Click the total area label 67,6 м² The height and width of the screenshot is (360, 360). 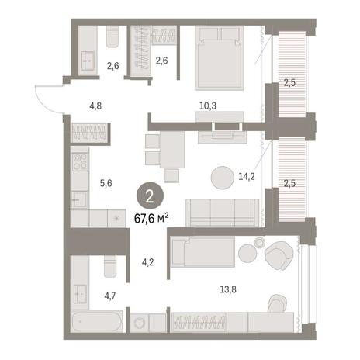pyautogui.click(x=151, y=219)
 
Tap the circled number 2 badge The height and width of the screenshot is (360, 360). pyautogui.click(x=150, y=197)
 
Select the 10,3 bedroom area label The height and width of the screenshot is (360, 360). pyautogui.click(x=208, y=106)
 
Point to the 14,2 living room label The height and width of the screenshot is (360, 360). pyautogui.click(x=247, y=177)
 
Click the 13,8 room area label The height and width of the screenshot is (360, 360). pyautogui.click(x=228, y=289)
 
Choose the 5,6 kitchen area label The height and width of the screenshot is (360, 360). pyautogui.click(x=106, y=183)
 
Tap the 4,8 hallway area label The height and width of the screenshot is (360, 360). pyautogui.click(x=95, y=106)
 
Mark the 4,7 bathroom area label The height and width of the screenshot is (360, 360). pyautogui.click(x=110, y=296)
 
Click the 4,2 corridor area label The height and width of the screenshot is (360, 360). pyautogui.click(x=148, y=262)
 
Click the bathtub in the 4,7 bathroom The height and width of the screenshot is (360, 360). pyautogui.click(x=97, y=321)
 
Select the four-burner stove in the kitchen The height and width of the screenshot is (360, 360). pyautogui.click(x=80, y=161)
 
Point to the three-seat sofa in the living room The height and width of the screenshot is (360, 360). pyautogui.click(x=223, y=213)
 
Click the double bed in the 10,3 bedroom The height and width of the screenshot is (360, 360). pyautogui.click(x=220, y=58)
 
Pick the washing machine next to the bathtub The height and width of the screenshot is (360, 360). pyautogui.click(x=140, y=323)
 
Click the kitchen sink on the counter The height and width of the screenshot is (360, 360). pyautogui.click(x=79, y=200)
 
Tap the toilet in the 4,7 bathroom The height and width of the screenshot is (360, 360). pyautogui.click(x=110, y=266)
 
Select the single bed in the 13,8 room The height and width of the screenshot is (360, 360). pyautogui.click(x=204, y=252)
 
